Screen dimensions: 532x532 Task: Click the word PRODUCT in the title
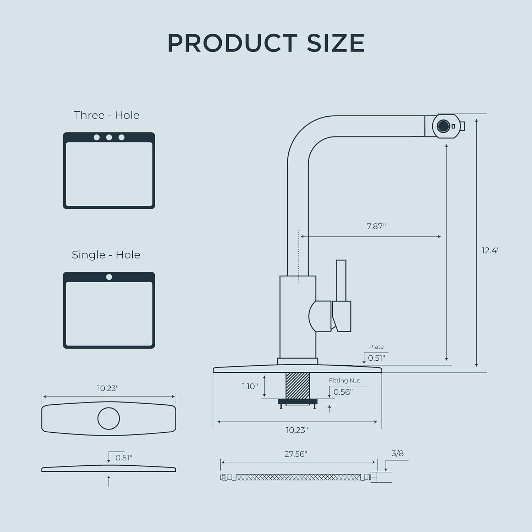[x=232, y=43]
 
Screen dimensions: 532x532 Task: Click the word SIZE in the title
[x=336, y=43]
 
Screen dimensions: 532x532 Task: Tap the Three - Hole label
[x=107, y=115]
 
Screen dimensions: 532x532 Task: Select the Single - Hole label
[x=106, y=255]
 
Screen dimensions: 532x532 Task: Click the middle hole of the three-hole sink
[x=109, y=137]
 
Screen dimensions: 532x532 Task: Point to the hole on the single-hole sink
[x=109, y=277]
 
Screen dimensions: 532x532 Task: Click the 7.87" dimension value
[x=376, y=226]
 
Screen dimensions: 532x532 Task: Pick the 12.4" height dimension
[x=491, y=250]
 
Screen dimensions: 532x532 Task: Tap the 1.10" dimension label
[x=250, y=386]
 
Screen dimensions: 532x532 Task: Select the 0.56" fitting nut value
[x=343, y=392]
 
